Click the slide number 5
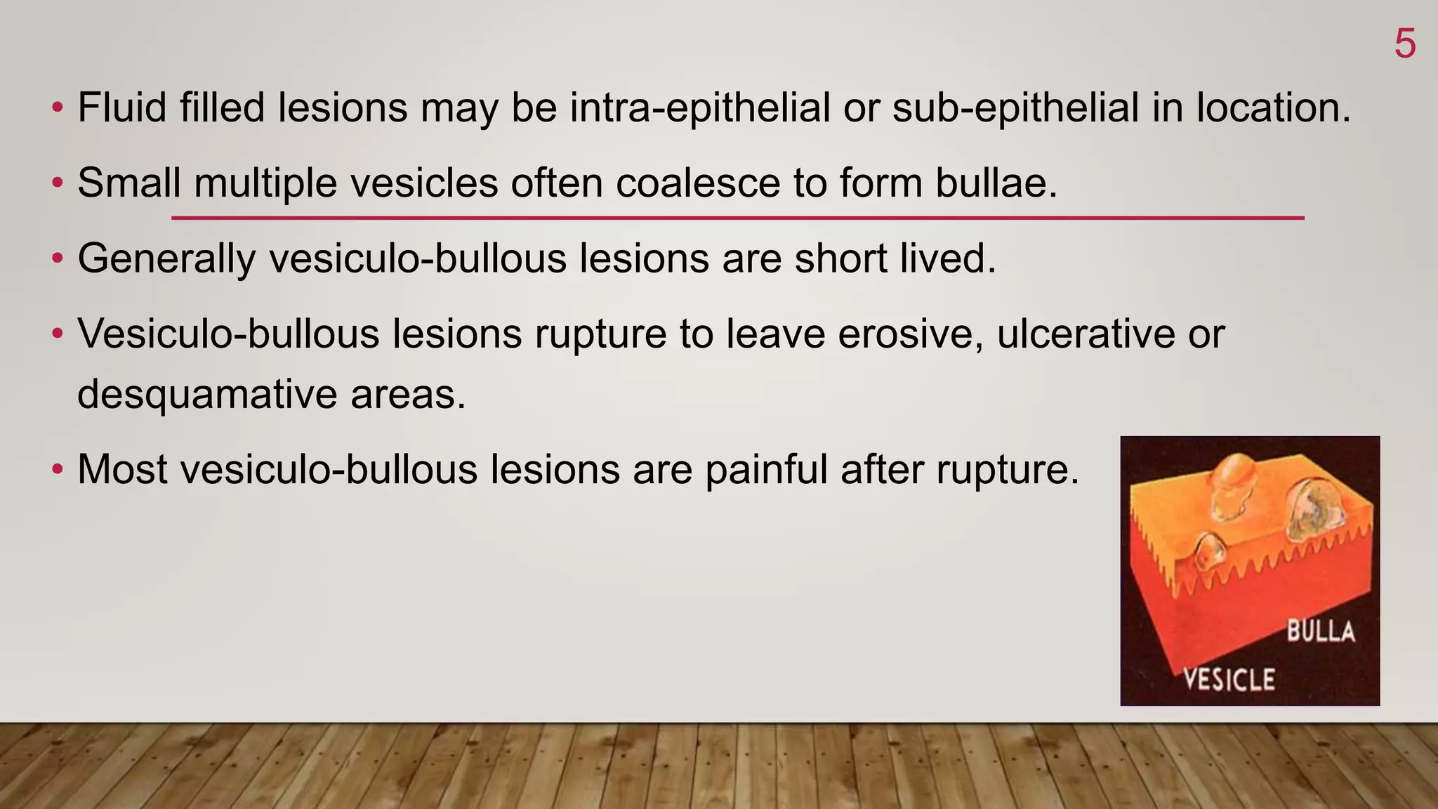(x=1404, y=44)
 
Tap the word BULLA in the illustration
(x=1320, y=631)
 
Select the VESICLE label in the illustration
(x=1229, y=679)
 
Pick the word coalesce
(x=698, y=183)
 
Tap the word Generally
(x=167, y=259)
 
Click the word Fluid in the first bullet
(x=121, y=108)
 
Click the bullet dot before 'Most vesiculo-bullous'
(x=58, y=469)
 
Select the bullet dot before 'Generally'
(x=58, y=259)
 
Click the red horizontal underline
(x=737, y=218)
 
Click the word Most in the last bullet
(x=122, y=469)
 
